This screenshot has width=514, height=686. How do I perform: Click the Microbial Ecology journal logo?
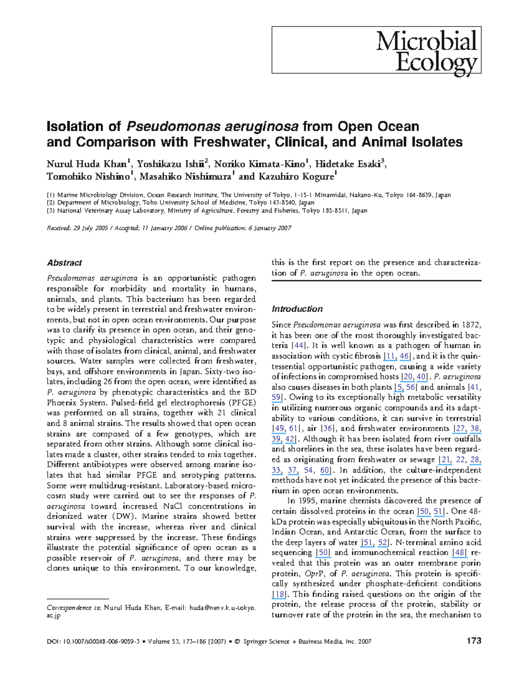pos(426,51)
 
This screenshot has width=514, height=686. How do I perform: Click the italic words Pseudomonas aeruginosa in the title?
pos(212,126)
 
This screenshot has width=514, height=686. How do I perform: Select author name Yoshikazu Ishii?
pos(170,164)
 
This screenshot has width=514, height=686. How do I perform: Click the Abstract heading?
pos(64,263)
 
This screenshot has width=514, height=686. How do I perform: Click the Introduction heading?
pos(297,309)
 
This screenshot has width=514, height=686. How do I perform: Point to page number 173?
pos(474,641)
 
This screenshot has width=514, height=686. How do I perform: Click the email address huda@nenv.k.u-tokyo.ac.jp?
pos(222,608)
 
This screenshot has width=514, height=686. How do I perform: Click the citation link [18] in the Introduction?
pos(279,594)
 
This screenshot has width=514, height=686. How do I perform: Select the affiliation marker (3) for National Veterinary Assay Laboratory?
pos(51,211)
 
